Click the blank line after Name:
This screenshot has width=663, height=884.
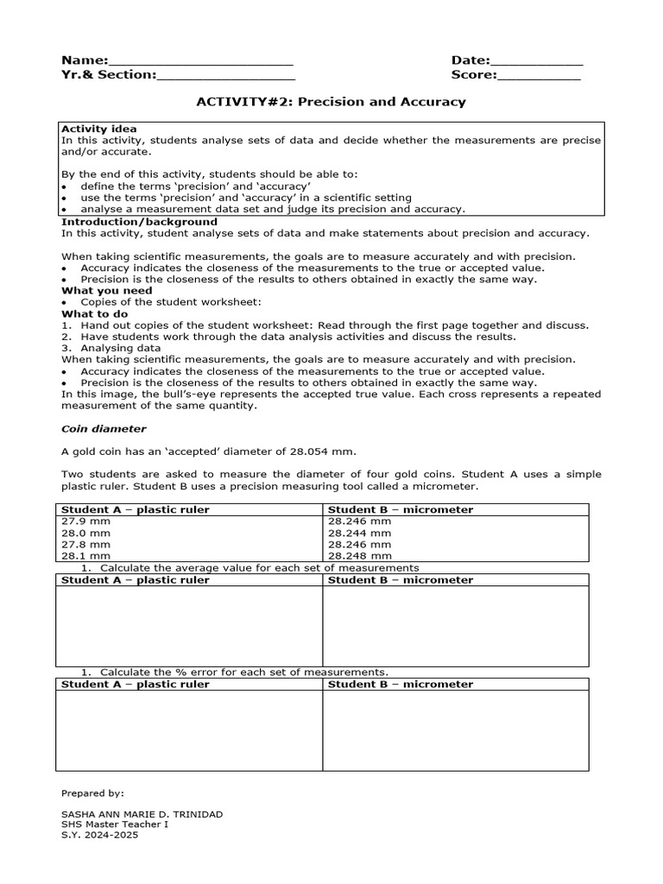tap(200, 61)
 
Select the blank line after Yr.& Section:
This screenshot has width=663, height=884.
tap(225, 76)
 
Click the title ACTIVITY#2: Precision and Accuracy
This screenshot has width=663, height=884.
tap(331, 102)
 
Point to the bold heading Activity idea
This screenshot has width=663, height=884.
tap(98, 129)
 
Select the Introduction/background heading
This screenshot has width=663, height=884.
tap(139, 222)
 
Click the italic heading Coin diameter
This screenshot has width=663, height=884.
tap(103, 429)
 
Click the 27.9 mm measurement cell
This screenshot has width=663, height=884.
tap(85, 521)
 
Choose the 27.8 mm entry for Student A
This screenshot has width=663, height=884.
tap(85, 545)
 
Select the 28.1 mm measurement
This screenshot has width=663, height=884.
tap(85, 557)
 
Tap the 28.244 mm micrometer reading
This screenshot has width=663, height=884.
tap(359, 534)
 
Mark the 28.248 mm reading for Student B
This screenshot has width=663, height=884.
tap(359, 557)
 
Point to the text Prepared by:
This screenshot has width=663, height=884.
tap(92, 792)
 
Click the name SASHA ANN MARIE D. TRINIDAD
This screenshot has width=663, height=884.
tap(142, 815)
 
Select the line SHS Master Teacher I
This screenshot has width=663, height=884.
tap(115, 824)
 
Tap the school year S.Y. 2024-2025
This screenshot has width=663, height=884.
tap(99, 835)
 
